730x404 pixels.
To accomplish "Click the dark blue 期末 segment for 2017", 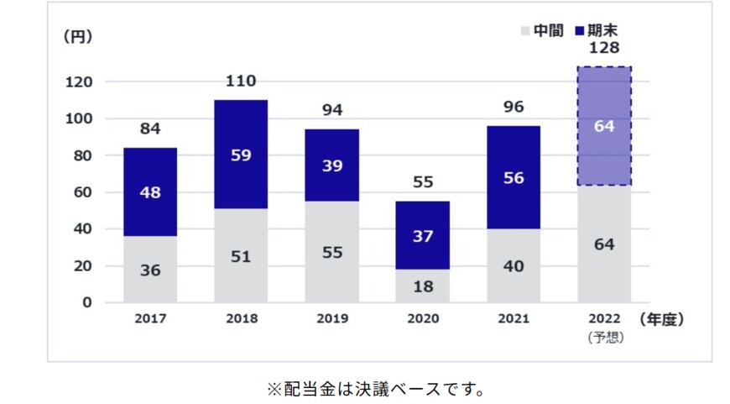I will pos(150,192).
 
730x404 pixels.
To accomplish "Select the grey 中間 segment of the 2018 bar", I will pos(241,255).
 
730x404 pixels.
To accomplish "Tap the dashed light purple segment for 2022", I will pos(604,126).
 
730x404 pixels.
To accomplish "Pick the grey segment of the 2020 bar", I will pos(423,286).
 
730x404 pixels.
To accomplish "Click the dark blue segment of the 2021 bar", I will pos(514,177).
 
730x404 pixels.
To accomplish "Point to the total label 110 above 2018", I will pos(241,81).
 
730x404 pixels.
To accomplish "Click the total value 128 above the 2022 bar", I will pos(604,49).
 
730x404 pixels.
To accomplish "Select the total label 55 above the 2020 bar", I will pos(423,182).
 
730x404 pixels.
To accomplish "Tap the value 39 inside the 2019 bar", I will pos(332,165).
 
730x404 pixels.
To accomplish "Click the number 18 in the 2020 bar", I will pos(423,286).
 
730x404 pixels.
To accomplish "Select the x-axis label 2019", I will pos(332,320).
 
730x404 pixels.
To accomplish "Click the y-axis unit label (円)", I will pos(77,36).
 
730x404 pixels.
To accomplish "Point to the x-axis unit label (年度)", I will pos(662,320).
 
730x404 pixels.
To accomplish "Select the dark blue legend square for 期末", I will pos(580,31).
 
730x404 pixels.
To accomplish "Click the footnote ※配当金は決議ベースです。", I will pos(376,389).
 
